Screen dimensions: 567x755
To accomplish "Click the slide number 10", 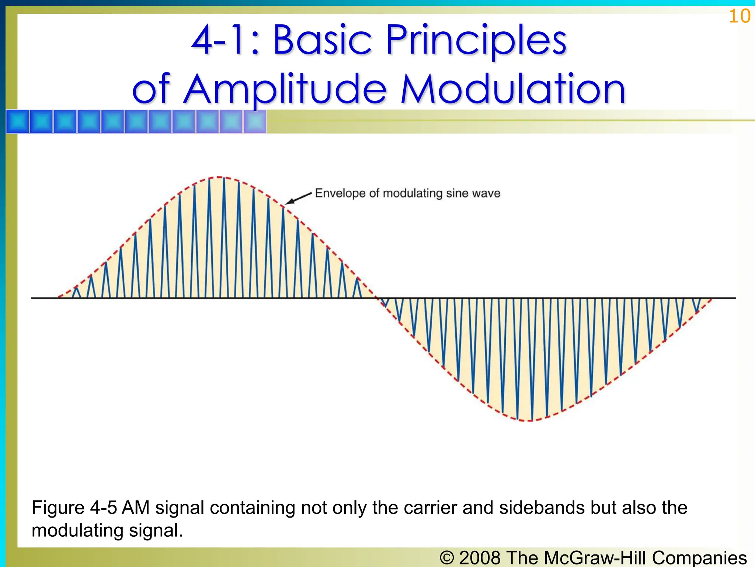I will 740,16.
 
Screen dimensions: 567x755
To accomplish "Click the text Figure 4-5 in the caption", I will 74,508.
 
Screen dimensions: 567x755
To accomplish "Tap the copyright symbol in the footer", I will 447,558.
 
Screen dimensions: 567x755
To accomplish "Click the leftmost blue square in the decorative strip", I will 17,121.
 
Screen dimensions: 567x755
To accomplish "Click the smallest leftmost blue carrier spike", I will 76,292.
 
